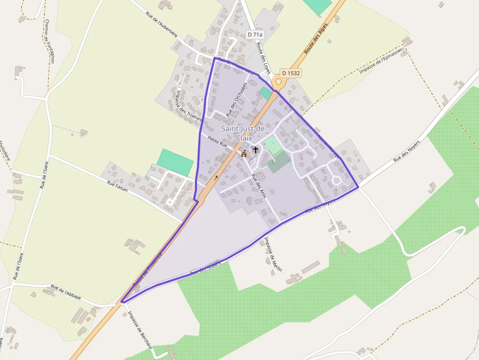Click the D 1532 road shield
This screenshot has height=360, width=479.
point(290,73)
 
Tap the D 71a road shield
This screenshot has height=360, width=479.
point(255,35)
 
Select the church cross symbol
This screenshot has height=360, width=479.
point(255,149)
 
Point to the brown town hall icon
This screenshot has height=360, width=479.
point(244,153)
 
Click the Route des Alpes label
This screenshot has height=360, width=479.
point(315,39)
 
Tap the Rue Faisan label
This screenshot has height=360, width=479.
point(117,186)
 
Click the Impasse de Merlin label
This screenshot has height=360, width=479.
point(269,252)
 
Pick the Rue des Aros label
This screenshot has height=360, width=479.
point(259,186)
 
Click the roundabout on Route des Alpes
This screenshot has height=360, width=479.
point(278,82)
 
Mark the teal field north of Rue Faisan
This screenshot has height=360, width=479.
point(175,162)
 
